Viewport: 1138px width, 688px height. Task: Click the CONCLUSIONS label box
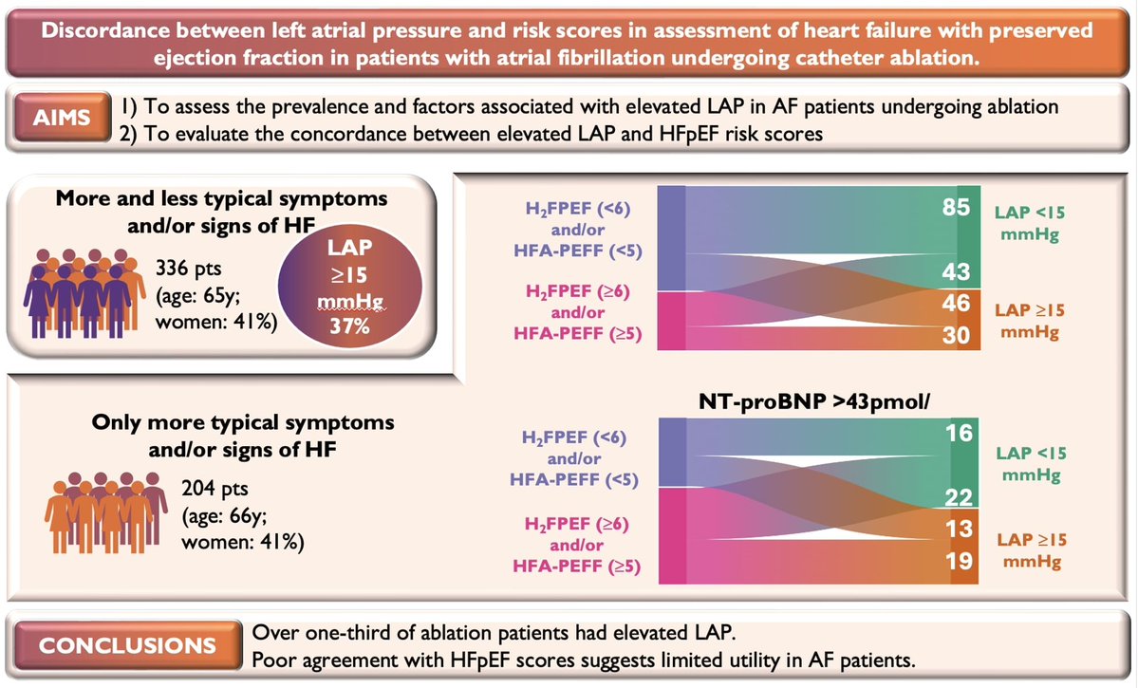[125, 646]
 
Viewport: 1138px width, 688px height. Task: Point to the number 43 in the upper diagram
[957, 272]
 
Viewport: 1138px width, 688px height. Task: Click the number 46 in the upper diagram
[957, 304]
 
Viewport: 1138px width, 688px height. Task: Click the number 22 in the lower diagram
[957, 498]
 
